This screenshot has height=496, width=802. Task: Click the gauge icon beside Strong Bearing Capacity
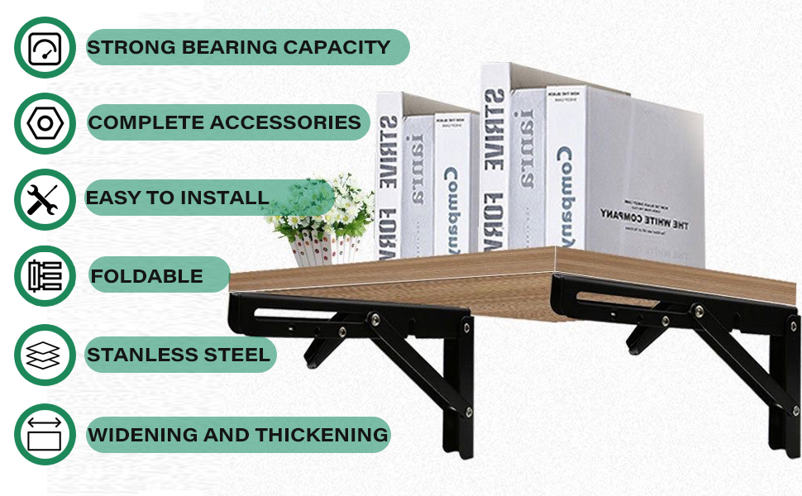tap(45, 48)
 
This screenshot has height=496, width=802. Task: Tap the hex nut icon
tap(45, 124)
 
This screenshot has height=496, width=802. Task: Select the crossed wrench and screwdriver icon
tap(45, 200)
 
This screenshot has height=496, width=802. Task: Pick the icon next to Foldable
tap(45, 276)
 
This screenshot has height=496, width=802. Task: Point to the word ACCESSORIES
tap(285, 123)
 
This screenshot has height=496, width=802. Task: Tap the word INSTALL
tap(222, 198)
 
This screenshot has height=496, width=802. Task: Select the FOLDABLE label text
tap(146, 276)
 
